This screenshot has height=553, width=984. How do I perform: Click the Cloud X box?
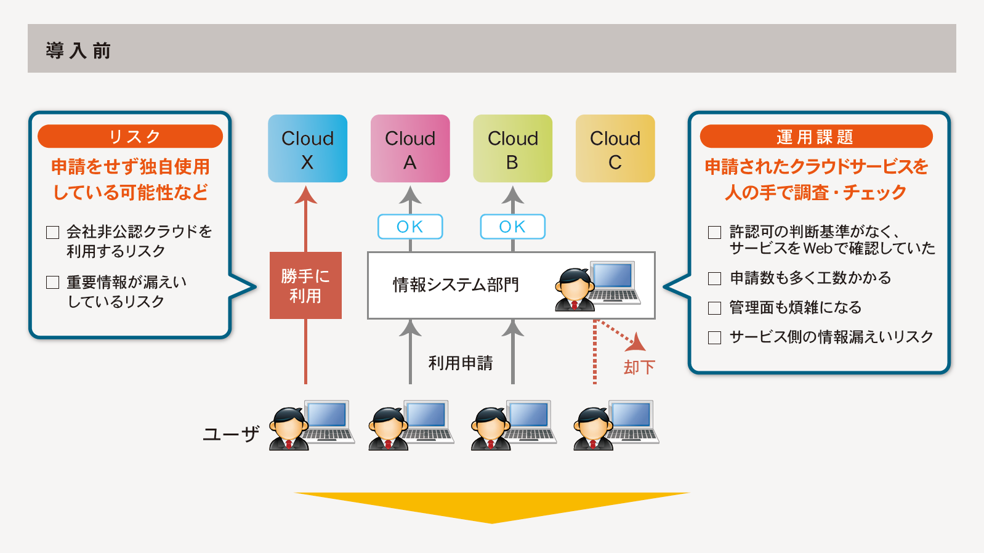(x=307, y=148)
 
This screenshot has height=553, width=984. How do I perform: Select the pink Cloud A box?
(x=410, y=148)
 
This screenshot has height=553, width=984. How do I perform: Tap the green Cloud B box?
(x=513, y=148)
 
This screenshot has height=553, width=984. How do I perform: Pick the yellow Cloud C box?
(x=615, y=148)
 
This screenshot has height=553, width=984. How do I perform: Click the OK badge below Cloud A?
(x=410, y=227)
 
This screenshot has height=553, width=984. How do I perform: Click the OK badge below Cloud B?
(x=513, y=227)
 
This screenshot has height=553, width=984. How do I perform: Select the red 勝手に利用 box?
(x=305, y=286)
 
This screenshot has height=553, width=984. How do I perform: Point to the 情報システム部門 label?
(x=456, y=285)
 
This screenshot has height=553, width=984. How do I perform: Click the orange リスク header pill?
(x=130, y=136)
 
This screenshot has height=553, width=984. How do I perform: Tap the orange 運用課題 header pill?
(x=816, y=136)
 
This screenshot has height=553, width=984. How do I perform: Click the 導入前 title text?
(x=78, y=50)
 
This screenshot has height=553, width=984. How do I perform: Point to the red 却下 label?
(x=639, y=367)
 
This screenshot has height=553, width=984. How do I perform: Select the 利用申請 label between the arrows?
(x=461, y=363)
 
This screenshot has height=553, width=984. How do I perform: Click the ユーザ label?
(x=231, y=434)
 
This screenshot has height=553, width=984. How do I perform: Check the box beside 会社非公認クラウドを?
(x=53, y=232)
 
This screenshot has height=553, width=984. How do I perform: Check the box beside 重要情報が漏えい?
(x=53, y=283)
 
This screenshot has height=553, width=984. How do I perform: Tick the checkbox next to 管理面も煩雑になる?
(x=715, y=308)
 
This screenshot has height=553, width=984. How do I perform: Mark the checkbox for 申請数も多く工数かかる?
(x=715, y=278)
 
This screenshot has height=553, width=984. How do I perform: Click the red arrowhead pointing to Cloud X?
(x=306, y=195)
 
